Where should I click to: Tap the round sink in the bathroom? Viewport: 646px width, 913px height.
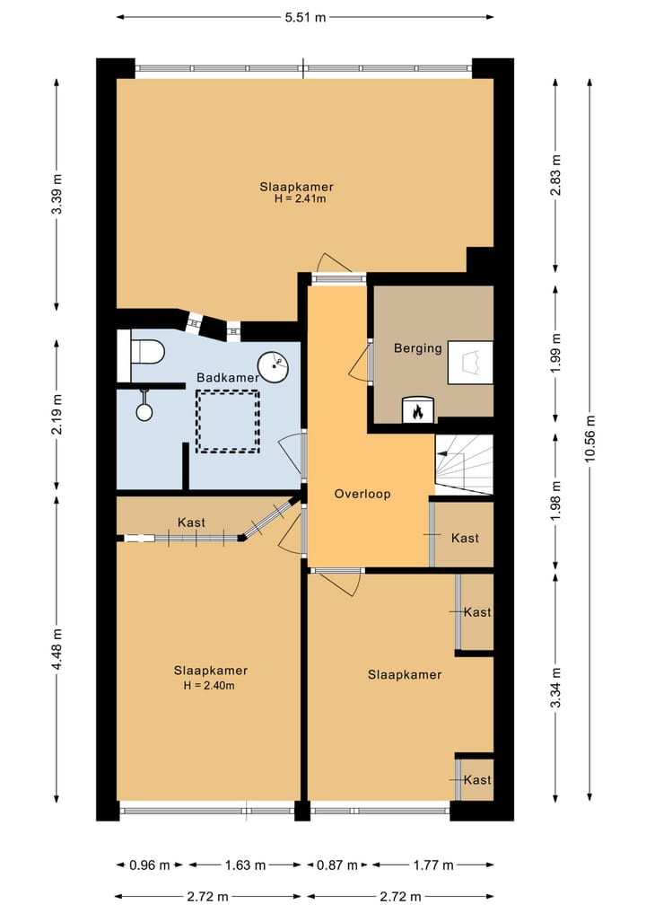pyautogui.click(x=274, y=367)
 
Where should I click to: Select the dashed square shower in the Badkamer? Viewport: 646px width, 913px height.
pyautogui.click(x=228, y=421)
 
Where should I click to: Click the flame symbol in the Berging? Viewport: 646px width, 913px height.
pyautogui.click(x=417, y=412)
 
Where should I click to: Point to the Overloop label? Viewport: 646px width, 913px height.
pyautogui.click(x=362, y=494)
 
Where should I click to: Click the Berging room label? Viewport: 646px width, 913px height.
pyautogui.click(x=418, y=348)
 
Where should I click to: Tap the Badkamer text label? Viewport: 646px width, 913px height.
pyautogui.click(x=228, y=377)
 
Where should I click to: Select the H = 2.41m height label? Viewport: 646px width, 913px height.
pyautogui.click(x=301, y=198)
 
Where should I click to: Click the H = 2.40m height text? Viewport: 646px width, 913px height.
pyautogui.click(x=209, y=685)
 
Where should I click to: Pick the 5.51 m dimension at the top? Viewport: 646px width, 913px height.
pyautogui.click(x=306, y=17)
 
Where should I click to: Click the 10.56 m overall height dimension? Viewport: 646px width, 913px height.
pyautogui.click(x=590, y=438)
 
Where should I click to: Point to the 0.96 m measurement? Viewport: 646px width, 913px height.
pyautogui.click(x=150, y=865)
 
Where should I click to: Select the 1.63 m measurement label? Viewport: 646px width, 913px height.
pyautogui.click(x=246, y=865)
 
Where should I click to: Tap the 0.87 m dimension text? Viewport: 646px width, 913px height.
pyautogui.click(x=337, y=865)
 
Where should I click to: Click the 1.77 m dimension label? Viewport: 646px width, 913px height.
pyautogui.click(x=433, y=865)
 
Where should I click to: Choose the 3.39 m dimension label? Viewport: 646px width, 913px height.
pyautogui.click(x=57, y=194)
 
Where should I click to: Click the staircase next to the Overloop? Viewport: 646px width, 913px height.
pyautogui.click(x=465, y=465)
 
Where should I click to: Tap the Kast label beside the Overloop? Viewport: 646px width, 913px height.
pyautogui.click(x=465, y=538)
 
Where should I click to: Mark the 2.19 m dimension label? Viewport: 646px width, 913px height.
pyautogui.click(x=57, y=415)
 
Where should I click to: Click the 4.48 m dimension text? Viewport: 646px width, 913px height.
pyautogui.click(x=57, y=649)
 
